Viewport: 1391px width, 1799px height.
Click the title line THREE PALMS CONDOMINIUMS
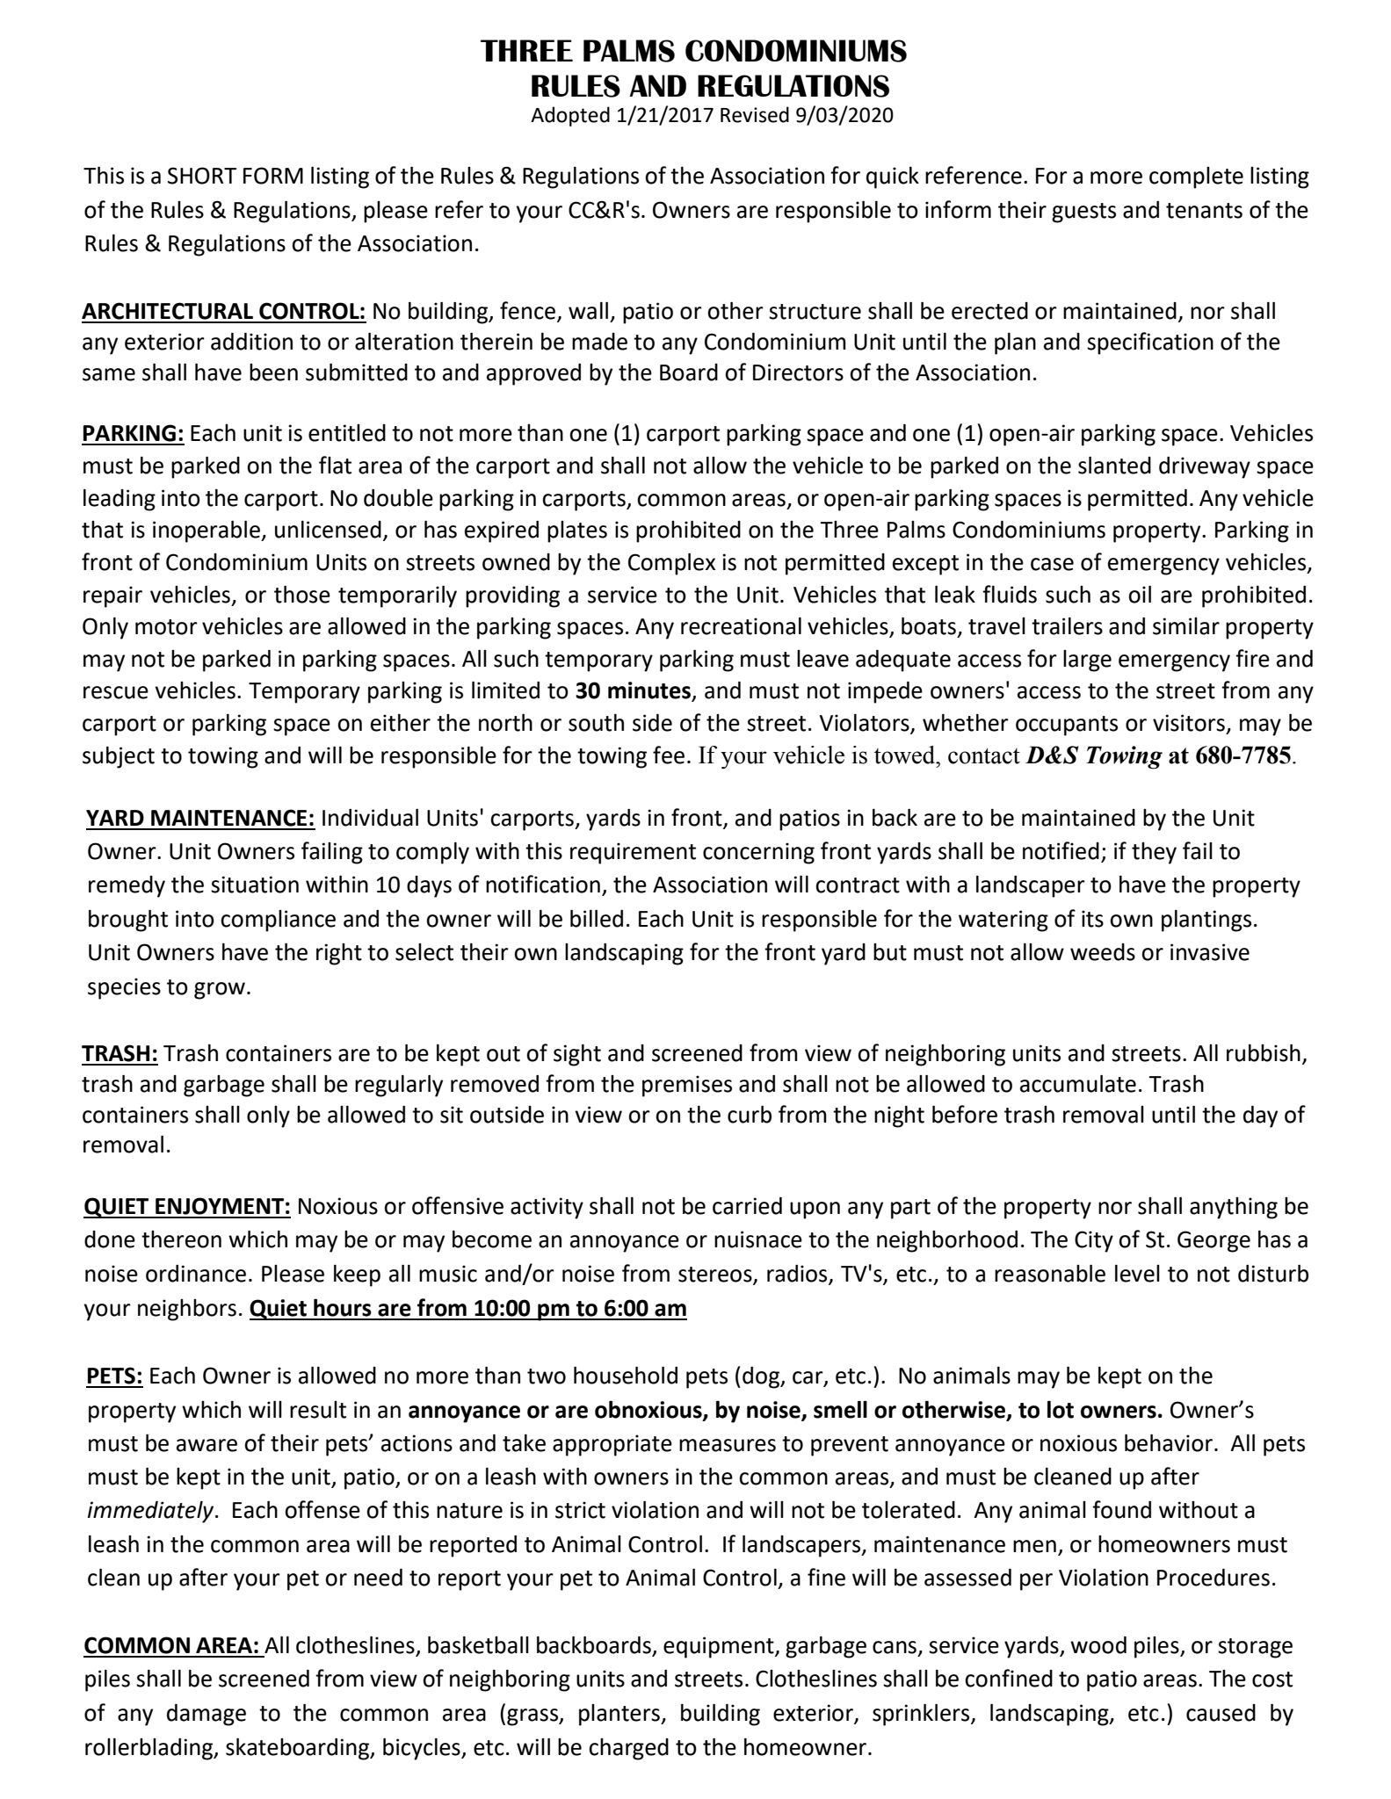pyautogui.click(x=694, y=52)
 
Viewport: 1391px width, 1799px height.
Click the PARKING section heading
pyautogui.click(x=133, y=434)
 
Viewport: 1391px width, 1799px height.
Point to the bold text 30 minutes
pyautogui.click(x=633, y=690)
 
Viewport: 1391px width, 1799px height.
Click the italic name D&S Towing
pyautogui.click(x=1093, y=755)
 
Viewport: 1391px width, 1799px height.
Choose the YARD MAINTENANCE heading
pyautogui.click(x=200, y=819)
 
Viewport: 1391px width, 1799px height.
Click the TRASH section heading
pyautogui.click(x=120, y=1053)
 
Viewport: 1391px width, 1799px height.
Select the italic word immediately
pyautogui.click(x=150, y=1511)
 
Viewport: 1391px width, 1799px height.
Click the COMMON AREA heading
pyautogui.click(x=171, y=1645)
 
